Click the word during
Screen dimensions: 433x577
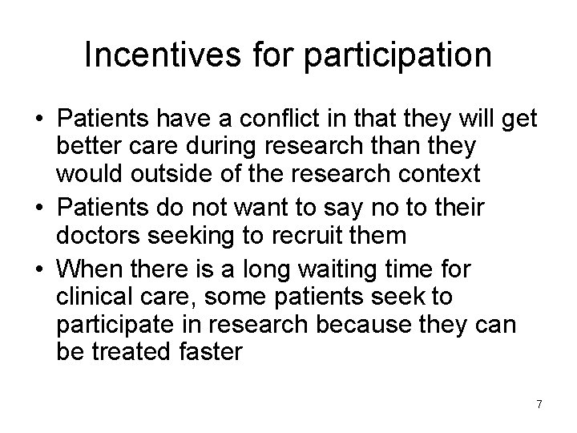[216, 146]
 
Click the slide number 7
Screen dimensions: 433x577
[539, 404]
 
